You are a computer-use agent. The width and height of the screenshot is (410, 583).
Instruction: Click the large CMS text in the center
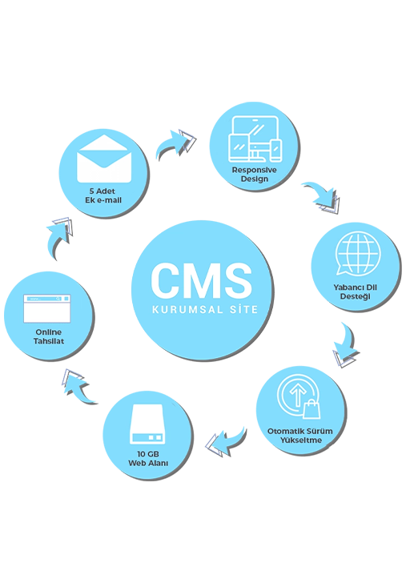202,280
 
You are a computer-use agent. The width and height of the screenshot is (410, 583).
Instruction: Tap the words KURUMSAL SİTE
205,309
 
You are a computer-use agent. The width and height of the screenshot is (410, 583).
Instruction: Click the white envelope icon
104,159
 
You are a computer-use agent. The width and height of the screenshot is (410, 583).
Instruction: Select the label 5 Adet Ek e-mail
103,195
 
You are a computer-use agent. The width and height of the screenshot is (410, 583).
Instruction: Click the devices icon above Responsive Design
255,139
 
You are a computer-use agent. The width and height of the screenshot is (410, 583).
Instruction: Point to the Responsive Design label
255,175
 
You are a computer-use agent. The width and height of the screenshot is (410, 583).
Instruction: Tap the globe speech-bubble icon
358,254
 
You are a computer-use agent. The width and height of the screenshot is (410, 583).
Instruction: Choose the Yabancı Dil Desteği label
355,291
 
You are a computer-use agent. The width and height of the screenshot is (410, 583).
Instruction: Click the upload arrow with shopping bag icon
299,397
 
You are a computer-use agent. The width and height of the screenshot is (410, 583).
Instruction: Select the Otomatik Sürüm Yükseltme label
300,436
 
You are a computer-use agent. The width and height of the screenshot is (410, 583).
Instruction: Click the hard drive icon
147,424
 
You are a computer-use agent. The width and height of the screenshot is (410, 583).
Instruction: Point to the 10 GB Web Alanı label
148,458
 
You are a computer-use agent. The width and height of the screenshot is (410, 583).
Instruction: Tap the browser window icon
46,309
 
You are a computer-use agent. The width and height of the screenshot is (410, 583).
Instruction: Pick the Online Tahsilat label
49,336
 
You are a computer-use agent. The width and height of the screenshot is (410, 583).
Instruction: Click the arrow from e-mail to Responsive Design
174,145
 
